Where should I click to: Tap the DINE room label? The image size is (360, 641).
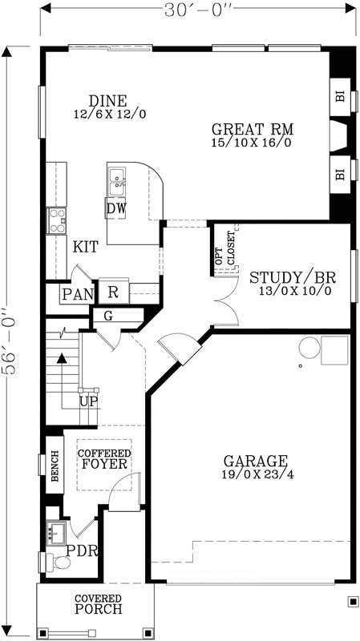(107, 102)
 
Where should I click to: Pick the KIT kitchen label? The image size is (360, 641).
(86, 248)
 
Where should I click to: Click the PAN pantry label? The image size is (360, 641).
(78, 295)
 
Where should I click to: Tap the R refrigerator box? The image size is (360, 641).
(113, 292)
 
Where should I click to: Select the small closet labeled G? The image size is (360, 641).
(108, 316)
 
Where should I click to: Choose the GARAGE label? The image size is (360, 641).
(255, 462)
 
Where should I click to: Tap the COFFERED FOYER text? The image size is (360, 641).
(104, 459)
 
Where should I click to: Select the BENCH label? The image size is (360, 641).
(55, 465)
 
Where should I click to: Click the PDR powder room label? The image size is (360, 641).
(81, 551)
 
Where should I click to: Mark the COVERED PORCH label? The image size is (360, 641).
(98, 604)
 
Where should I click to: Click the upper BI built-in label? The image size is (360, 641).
(340, 97)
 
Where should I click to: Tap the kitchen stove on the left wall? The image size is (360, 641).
(56, 220)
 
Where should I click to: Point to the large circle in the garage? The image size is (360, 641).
(309, 348)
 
